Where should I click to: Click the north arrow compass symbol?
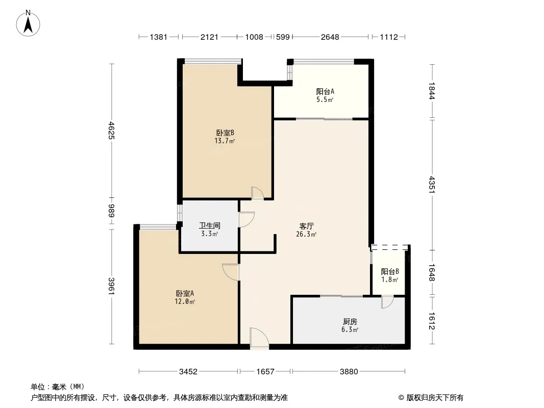(28, 23)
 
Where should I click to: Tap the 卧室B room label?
(225, 133)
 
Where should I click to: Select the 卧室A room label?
(185, 294)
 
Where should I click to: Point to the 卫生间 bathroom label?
(210, 225)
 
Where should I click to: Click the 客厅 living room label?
(306, 226)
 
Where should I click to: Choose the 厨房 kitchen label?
(350, 322)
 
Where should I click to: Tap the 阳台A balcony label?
(325, 91)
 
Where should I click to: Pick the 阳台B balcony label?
(390, 271)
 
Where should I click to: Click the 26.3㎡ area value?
(306, 234)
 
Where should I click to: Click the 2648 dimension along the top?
(330, 37)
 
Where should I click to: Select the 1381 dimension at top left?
(159, 37)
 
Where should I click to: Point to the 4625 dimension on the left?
(111, 130)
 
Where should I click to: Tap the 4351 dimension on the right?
(432, 185)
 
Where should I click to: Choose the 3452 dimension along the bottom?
(188, 372)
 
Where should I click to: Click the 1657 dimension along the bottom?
(265, 372)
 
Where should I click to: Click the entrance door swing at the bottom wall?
(259, 338)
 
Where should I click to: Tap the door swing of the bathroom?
(246, 219)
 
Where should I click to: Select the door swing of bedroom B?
(258, 193)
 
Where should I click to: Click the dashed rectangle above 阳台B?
(389, 247)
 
